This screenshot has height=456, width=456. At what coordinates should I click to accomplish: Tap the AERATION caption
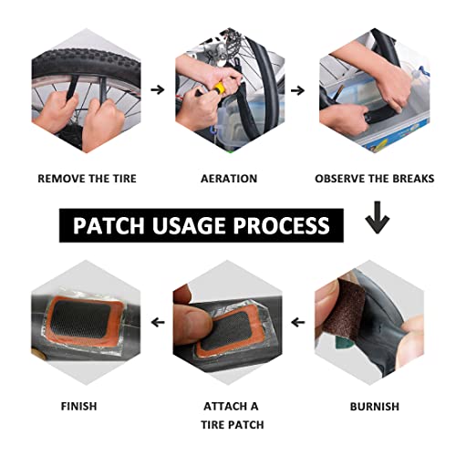coord(229,179)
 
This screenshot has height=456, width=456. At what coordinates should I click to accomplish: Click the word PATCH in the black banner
coord(109,225)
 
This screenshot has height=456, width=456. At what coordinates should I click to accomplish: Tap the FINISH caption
coord(79,406)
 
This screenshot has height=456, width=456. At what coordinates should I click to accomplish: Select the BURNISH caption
coord(375,407)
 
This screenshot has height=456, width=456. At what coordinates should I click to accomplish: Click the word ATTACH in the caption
coord(223,407)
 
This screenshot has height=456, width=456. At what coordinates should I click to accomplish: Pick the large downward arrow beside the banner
coord(377,217)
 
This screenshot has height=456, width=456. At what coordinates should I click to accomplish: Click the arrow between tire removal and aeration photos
coord(158,89)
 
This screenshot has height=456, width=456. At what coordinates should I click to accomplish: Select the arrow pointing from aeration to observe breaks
coord(298,90)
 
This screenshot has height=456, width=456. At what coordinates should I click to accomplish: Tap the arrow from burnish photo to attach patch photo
coord(298,322)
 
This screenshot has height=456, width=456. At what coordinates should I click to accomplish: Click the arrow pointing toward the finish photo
coord(158,322)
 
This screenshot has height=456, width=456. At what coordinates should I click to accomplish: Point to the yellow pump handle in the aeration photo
coord(220,88)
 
